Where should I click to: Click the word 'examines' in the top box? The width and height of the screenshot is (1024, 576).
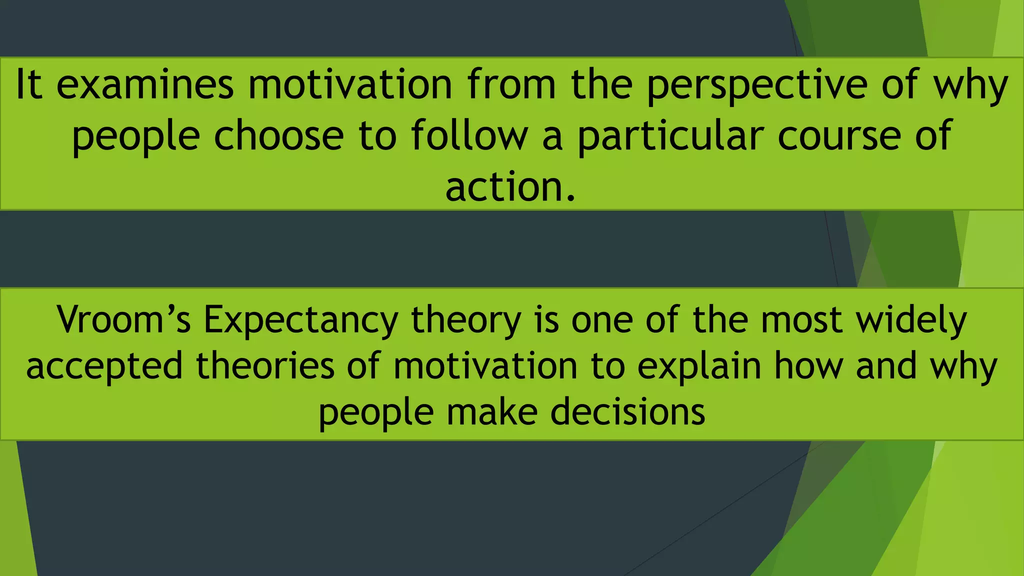pos(145,84)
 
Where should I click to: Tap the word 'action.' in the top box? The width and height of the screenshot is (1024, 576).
pos(510,187)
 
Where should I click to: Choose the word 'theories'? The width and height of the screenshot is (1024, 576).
pos(264,365)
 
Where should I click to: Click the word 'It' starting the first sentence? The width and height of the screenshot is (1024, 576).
pos(29,84)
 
